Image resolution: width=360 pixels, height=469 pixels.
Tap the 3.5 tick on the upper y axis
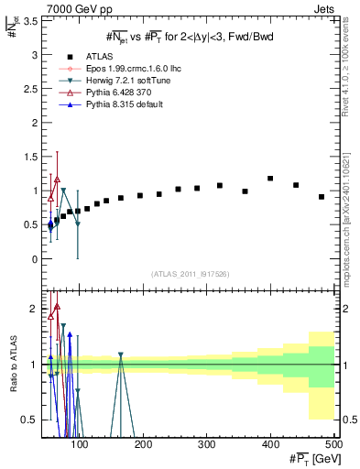31,20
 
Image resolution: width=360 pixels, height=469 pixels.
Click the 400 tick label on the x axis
270,446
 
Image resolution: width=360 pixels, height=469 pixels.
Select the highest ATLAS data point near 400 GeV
270,179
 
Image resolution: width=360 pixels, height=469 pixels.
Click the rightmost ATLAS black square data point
321,197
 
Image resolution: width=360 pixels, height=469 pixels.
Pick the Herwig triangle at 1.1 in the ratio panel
120,354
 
